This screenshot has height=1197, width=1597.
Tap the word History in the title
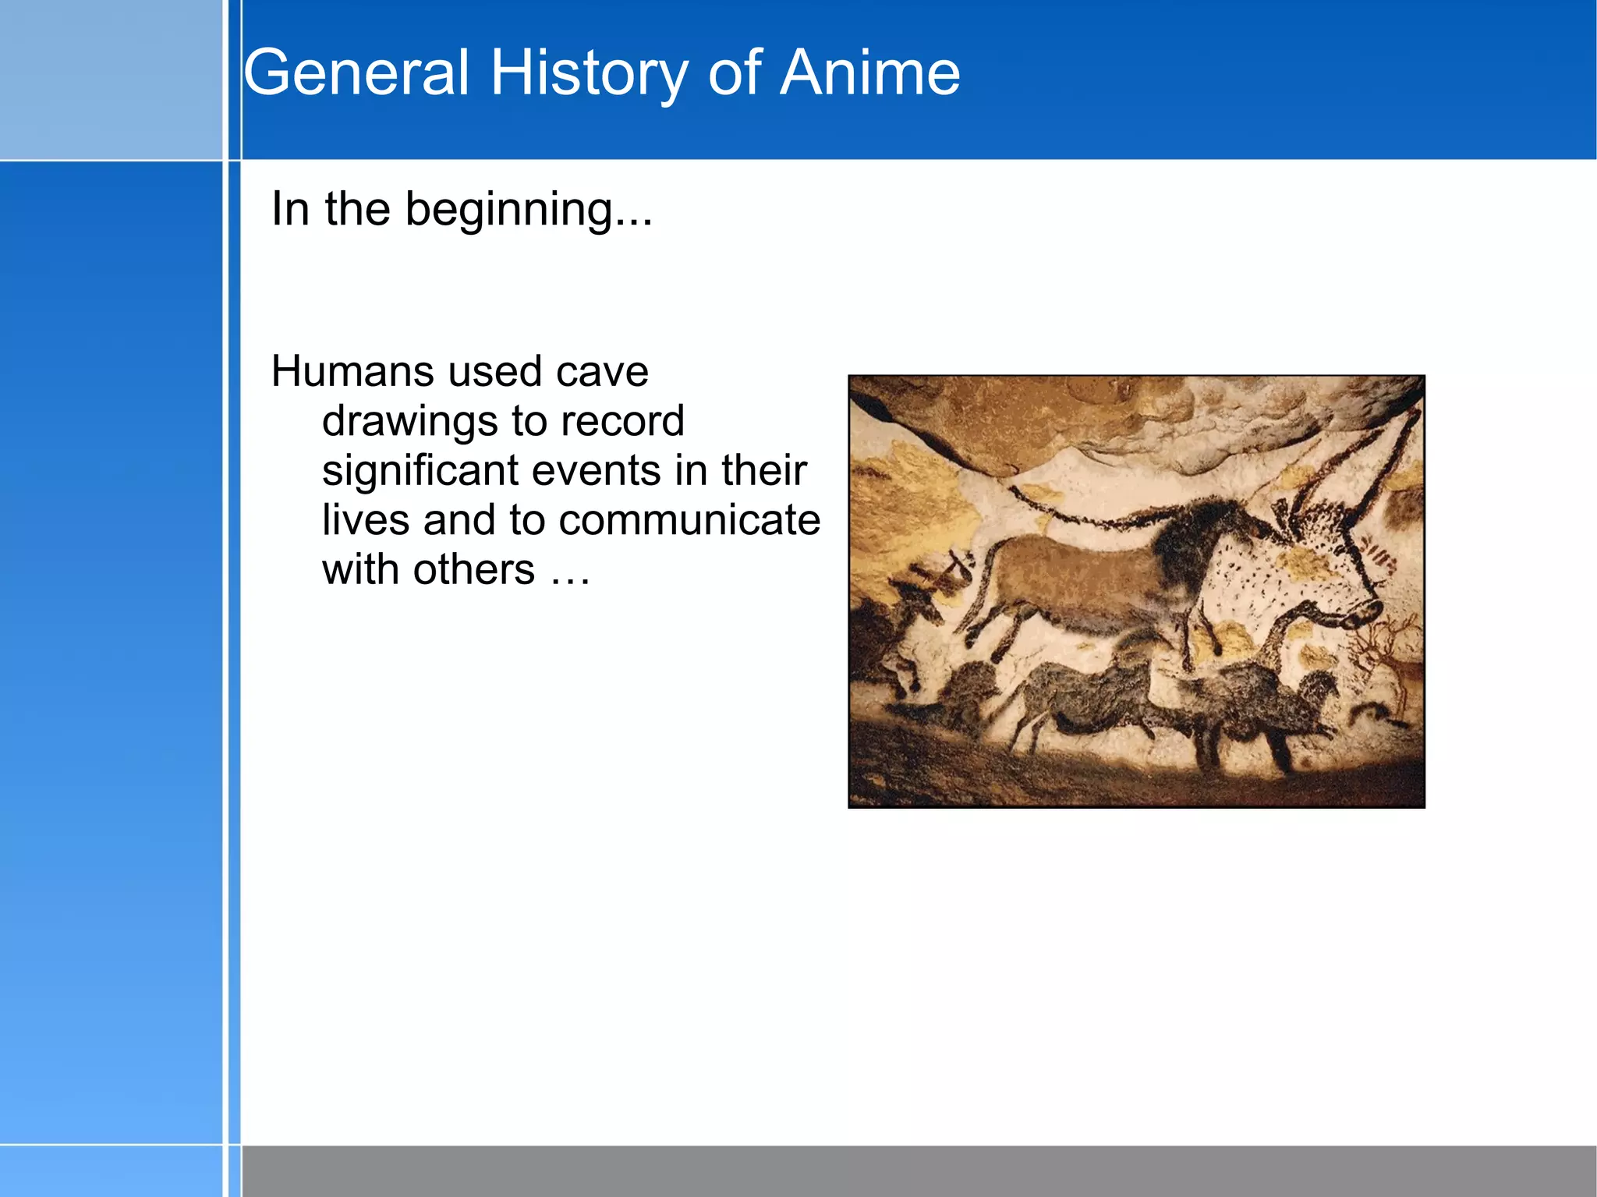point(589,74)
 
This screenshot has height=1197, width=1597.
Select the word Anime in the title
point(870,73)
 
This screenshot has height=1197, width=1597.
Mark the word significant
point(420,471)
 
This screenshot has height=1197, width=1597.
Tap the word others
point(474,570)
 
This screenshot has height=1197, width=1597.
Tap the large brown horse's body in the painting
point(1068,577)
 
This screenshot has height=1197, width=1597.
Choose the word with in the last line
point(360,570)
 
